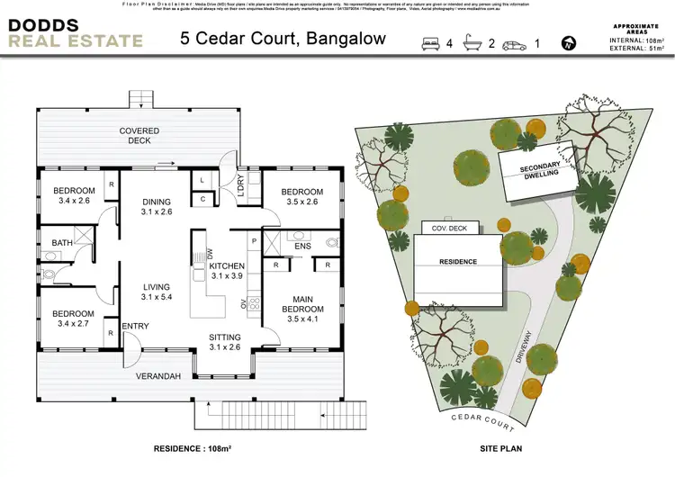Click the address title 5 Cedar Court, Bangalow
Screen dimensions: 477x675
(283, 39)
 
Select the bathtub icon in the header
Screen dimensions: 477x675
(473, 43)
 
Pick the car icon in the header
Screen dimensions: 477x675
(515, 44)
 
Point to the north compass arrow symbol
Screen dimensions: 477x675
(568, 42)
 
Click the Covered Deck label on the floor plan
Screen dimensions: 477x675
(139, 136)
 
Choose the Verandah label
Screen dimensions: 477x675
(157, 375)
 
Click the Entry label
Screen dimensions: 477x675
(135, 325)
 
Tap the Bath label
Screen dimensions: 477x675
(62, 243)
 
